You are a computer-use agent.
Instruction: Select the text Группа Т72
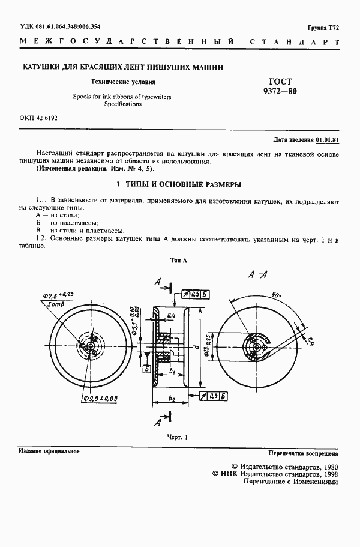pyautogui.click(x=323, y=28)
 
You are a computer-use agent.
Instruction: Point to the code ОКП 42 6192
pyautogui.click(x=38, y=118)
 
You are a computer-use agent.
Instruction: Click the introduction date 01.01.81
pyautogui.click(x=328, y=139)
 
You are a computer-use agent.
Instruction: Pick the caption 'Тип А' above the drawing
pyautogui.click(x=179, y=261)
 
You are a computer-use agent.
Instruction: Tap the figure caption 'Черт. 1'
pyautogui.click(x=177, y=437)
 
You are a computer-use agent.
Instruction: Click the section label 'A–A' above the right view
pyautogui.click(x=258, y=274)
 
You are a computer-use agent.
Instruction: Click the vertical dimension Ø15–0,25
pyautogui.click(x=206, y=346)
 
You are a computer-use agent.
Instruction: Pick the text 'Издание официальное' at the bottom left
pyautogui.click(x=49, y=450)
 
